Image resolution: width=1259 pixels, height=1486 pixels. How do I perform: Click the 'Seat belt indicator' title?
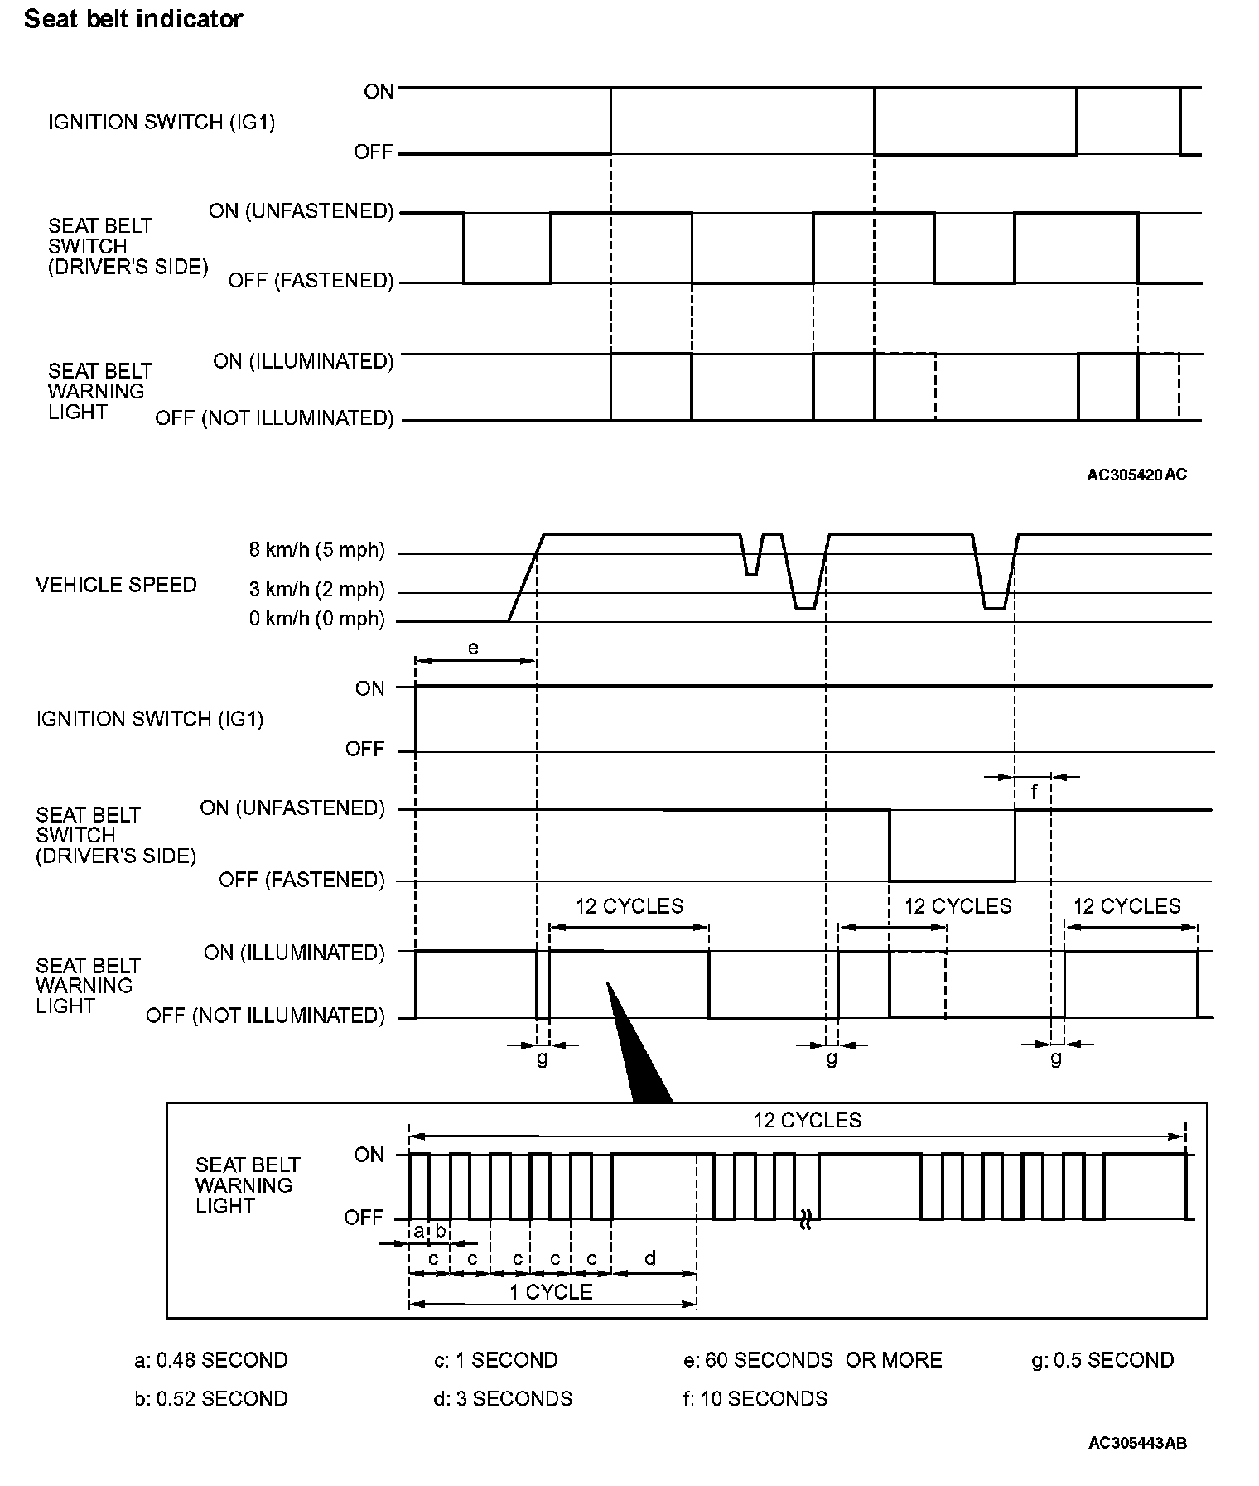[x=133, y=19]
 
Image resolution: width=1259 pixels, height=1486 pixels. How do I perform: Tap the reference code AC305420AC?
[x=1136, y=475]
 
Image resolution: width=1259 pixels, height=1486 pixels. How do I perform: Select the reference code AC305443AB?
[x=1137, y=1443]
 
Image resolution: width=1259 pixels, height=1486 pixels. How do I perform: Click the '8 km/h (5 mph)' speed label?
[x=317, y=549]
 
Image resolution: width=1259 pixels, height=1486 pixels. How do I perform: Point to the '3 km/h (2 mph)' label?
[x=317, y=590]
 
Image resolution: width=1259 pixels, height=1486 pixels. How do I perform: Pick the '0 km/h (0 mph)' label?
[x=317, y=619]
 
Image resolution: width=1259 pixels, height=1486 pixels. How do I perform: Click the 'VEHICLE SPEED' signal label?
[x=116, y=585]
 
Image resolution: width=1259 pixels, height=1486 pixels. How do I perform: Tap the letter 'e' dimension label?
[x=473, y=648]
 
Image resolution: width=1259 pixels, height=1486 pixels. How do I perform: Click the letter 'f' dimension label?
[x=1034, y=793]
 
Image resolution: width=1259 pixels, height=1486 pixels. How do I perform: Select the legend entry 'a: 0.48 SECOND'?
[x=211, y=1360]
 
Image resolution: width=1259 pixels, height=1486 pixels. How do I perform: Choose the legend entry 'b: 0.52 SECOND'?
[x=211, y=1398]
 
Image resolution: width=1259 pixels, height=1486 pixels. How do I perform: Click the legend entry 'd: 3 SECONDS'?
[x=503, y=1398]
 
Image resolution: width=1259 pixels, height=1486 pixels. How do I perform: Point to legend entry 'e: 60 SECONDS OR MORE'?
[x=813, y=1360]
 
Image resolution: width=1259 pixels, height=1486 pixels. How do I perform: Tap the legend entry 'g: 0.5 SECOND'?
[x=1102, y=1360]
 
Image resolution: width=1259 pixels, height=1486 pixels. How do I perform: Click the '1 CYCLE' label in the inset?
[x=551, y=1292]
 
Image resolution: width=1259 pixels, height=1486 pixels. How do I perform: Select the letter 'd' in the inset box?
[x=650, y=1258]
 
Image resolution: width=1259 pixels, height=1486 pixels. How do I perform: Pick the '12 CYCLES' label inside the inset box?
[x=808, y=1121]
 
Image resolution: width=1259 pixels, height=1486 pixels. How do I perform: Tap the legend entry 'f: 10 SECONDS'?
[x=755, y=1398]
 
